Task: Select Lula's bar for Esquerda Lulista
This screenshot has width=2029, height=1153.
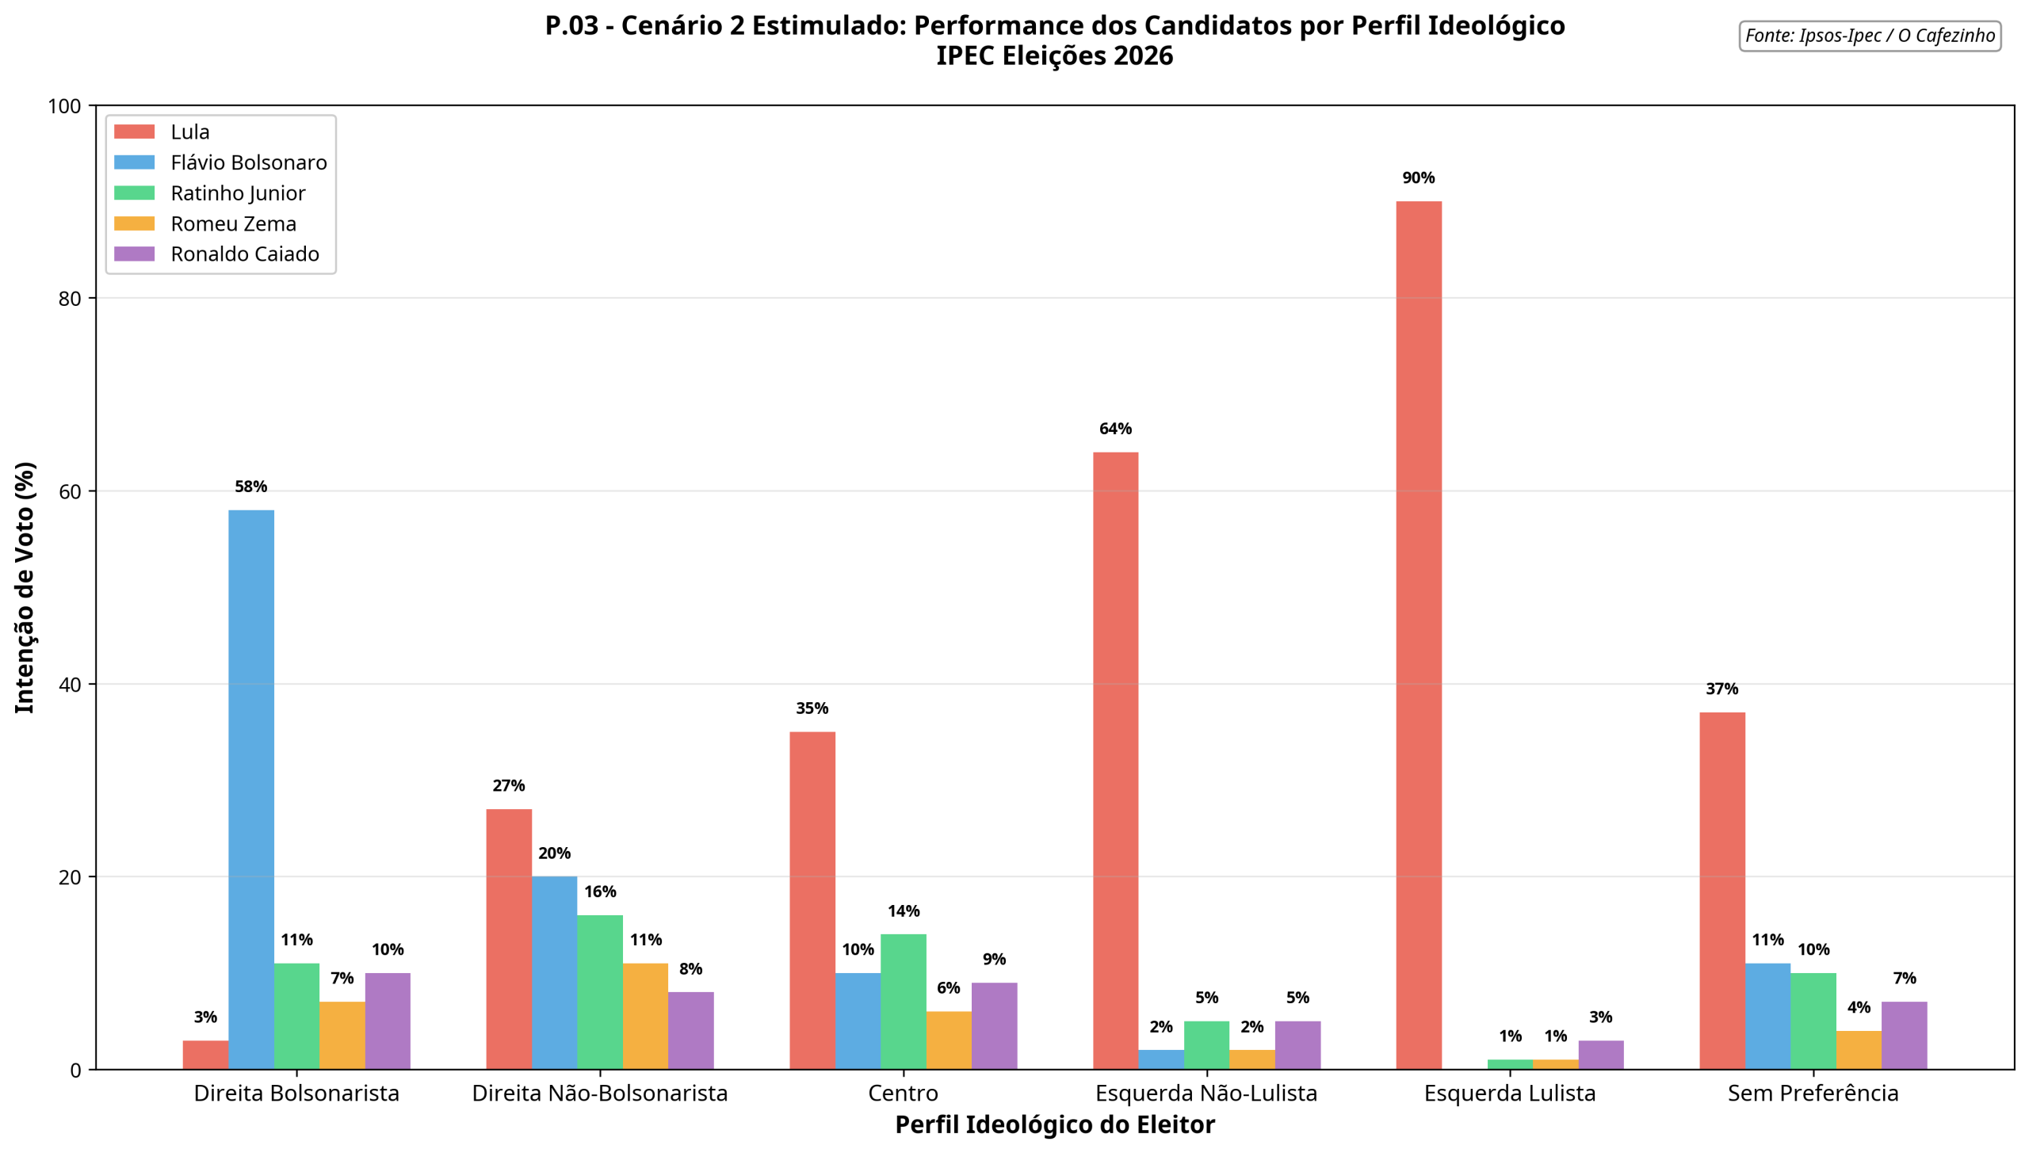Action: [x=1418, y=634]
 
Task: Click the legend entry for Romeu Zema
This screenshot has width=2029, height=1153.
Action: [x=233, y=224]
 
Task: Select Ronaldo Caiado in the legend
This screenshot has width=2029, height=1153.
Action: [x=244, y=254]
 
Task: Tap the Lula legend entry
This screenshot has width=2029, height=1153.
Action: [x=189, y=132]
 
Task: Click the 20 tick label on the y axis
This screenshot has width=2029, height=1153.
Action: [x=71, y=877]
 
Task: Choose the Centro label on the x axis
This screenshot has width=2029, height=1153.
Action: [x=903, y=1093]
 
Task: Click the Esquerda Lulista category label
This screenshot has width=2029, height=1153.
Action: [x=1509, y=1093]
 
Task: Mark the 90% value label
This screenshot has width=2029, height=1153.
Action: [x=1418, y=178]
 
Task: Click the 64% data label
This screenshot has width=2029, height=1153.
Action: [x=1115, y=429]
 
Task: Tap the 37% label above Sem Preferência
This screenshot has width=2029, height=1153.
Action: [x=1721, y=689]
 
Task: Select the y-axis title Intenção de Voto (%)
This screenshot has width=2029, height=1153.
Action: [x=25, y=587]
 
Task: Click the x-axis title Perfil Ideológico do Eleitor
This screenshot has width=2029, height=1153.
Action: [x=1054, y=1124]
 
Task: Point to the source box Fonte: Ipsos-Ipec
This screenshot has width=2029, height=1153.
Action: [x=1869, y=36]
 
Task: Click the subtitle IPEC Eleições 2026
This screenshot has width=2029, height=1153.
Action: [x=1054, y=56]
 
